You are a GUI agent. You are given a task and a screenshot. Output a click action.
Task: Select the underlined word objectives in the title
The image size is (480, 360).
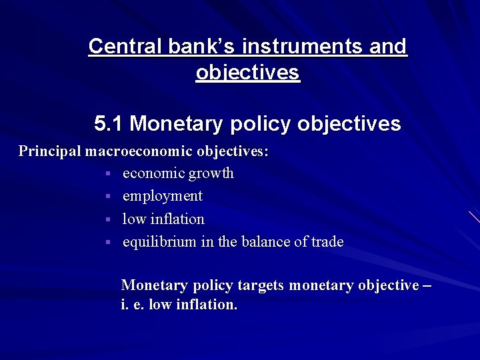248,72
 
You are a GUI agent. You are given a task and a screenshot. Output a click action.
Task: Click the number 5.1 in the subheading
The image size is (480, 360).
109,124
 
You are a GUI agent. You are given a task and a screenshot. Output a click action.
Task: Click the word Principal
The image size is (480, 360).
50,151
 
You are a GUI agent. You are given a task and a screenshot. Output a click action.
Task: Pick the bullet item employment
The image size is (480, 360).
162,196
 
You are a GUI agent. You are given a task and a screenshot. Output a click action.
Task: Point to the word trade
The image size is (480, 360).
327,242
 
